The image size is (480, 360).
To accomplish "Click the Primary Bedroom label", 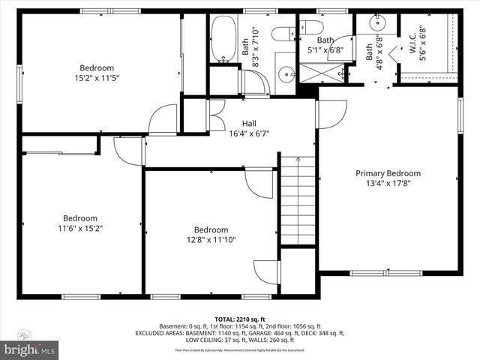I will click(388, 173).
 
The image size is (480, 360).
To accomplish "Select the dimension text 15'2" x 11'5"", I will click(97, 77).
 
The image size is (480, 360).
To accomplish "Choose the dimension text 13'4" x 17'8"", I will click(388, 184).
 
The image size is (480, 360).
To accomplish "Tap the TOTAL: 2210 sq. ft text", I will click(239, 319).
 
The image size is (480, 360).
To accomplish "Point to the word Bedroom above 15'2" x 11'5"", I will click(97, 67).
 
